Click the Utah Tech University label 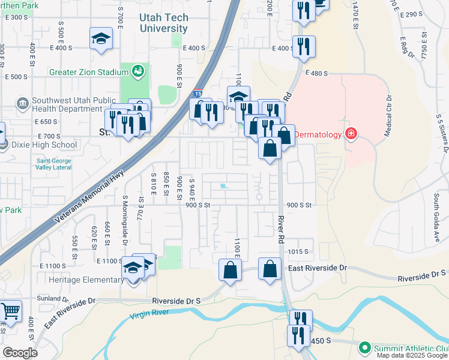163,23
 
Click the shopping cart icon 10,311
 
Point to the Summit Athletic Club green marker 364,348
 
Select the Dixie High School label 44,145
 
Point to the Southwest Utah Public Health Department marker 23,103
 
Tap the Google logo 20,353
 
